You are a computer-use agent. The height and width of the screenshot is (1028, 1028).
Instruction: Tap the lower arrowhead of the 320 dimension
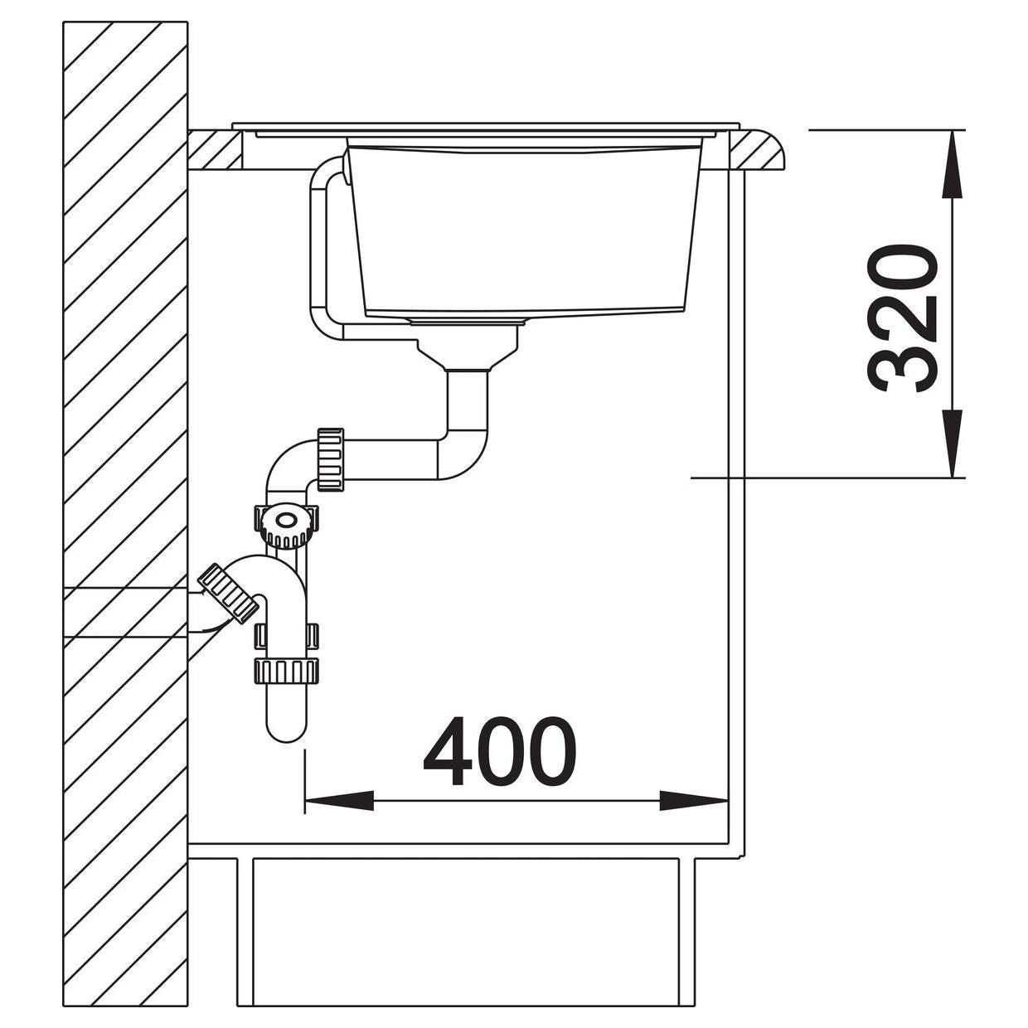[x=952, y=443]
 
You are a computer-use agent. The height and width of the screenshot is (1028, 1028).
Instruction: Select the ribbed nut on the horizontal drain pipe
[x=331, y=459]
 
